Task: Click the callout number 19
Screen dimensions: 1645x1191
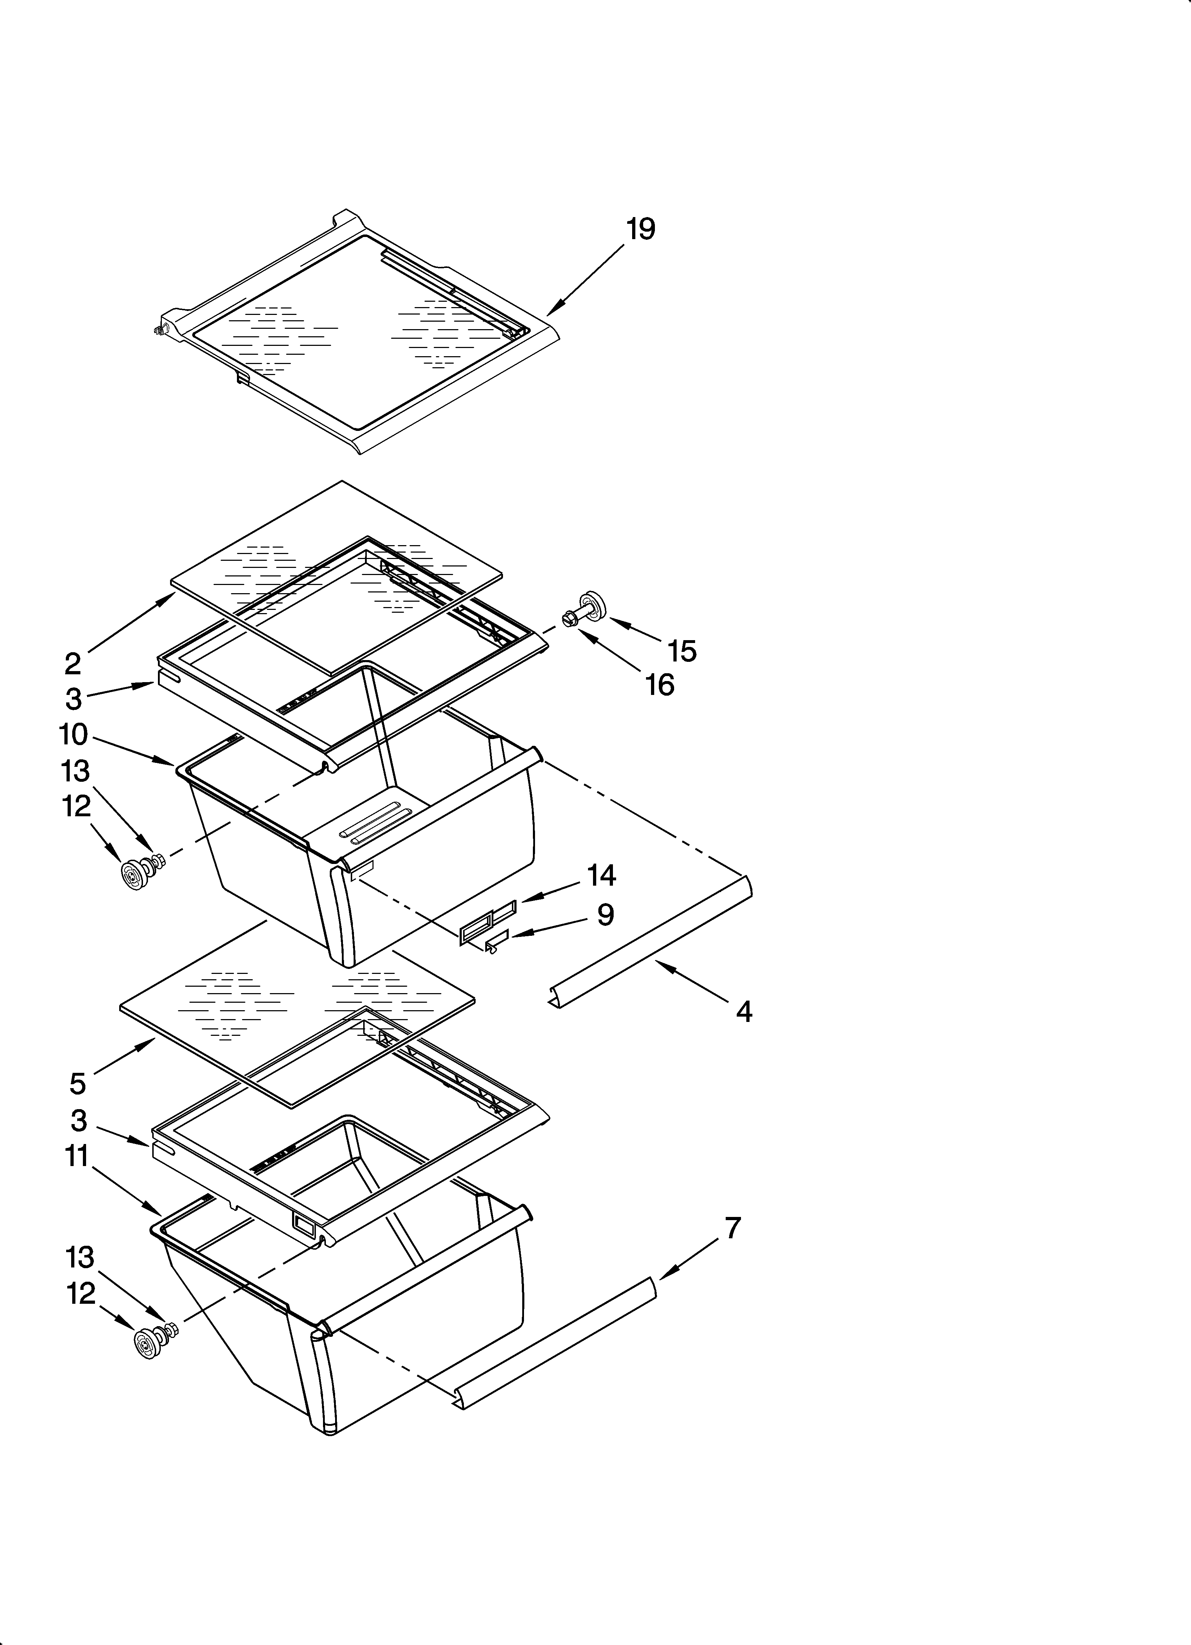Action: pyautogui.click(x=640, y=229)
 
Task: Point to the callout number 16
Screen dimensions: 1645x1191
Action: pyautogui.click(x=659, y=685)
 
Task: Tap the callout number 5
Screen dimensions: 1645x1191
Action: pyautogui.click(x=78, y=1104)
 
